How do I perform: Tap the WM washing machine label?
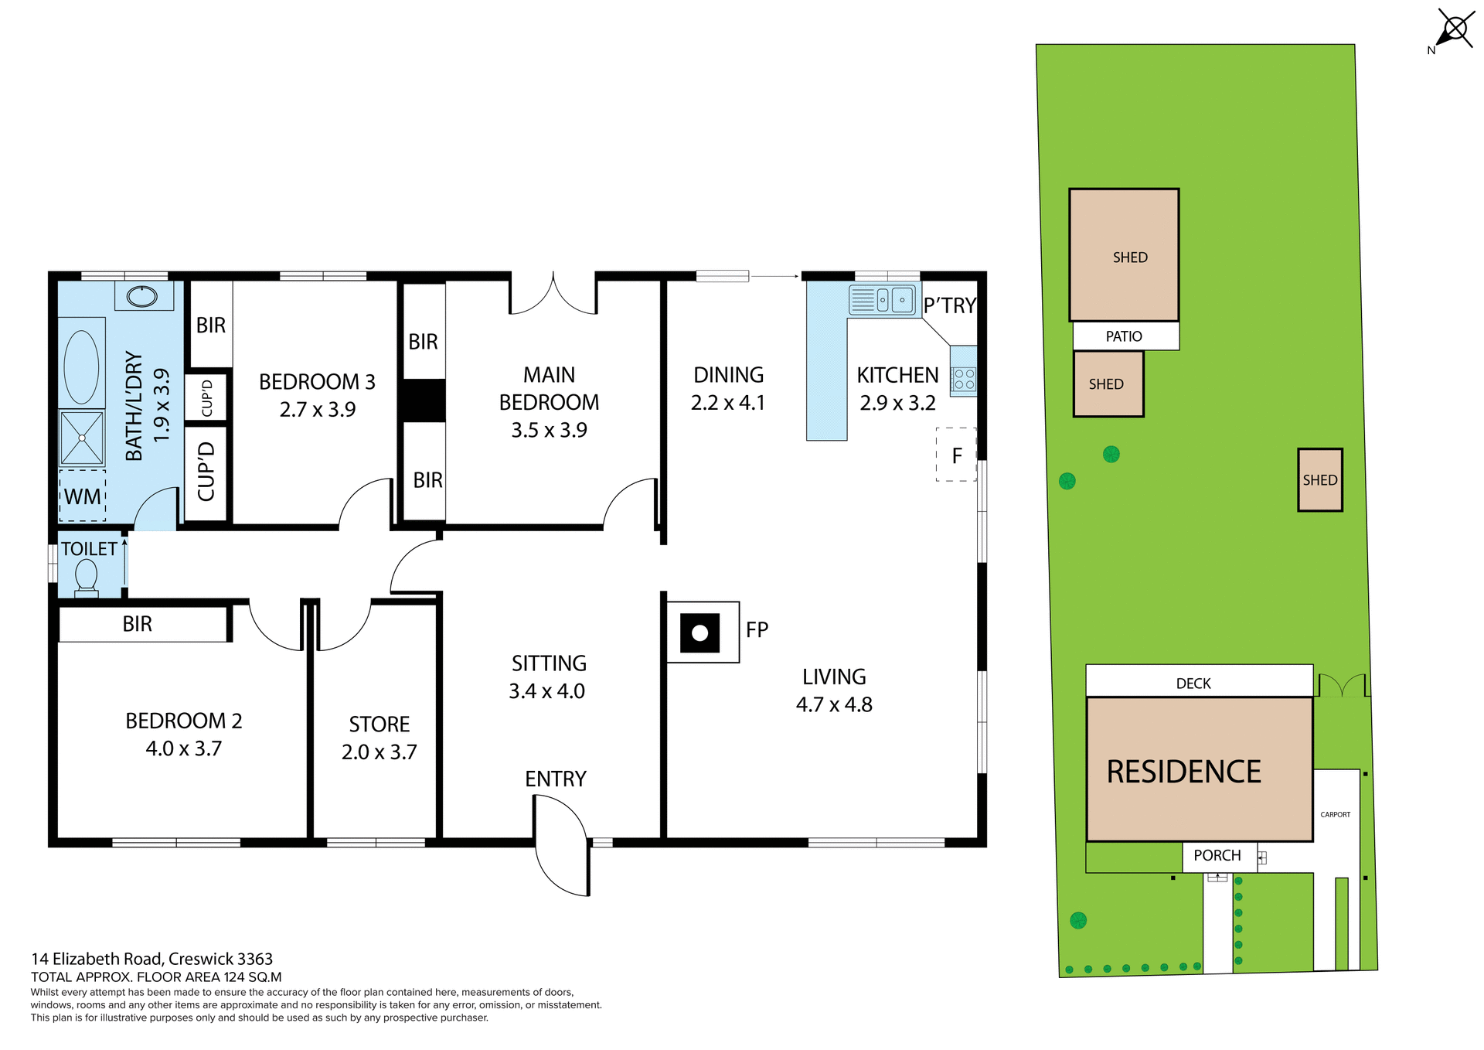83,496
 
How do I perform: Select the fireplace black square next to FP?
699,633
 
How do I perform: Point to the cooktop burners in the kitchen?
964,379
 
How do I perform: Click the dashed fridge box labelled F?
956,455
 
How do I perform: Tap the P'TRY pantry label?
950,306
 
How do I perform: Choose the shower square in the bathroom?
82,438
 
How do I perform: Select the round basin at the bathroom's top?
141,296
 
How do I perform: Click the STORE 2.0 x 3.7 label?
379,738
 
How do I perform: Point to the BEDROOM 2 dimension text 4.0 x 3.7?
184,748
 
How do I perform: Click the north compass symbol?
1454,30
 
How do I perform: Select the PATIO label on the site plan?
1124,336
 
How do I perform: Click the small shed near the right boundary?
1319,480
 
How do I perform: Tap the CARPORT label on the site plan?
1335,814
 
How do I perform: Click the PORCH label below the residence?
1217,855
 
